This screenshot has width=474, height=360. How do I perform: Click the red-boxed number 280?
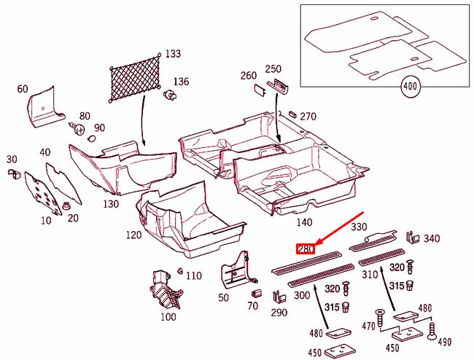305,250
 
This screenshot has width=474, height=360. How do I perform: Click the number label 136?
180,81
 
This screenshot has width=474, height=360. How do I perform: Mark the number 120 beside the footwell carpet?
133,235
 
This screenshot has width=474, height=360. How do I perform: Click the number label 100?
168,316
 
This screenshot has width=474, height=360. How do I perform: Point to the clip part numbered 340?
411,237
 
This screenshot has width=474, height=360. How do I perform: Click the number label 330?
360,227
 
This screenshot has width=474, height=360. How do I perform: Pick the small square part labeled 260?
258,90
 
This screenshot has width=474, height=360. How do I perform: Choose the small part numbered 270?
291,114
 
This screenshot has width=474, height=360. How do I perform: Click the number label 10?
46,219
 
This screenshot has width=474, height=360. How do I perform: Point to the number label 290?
277,312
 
